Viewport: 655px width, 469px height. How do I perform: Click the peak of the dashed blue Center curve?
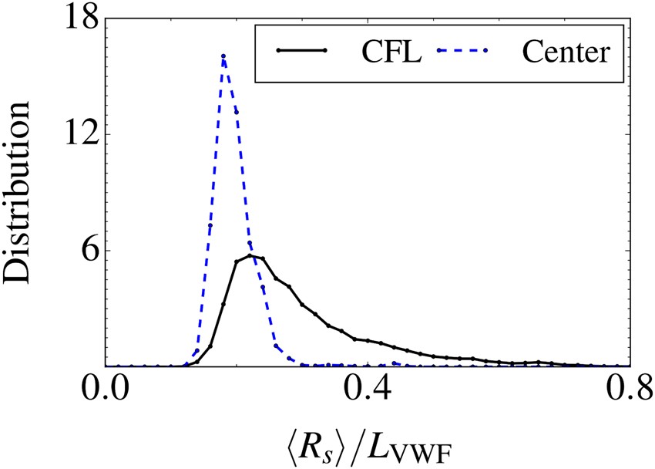[x=223, y=56]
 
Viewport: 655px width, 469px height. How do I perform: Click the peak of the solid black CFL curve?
[x=250, y=255]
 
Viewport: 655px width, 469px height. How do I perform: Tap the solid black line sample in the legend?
[x=301, y=51]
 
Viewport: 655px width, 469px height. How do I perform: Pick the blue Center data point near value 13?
[x=237, y=112]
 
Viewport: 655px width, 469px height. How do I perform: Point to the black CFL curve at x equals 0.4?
[x=368, y=340]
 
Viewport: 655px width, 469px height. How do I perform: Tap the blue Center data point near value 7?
[x=210, y=225]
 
